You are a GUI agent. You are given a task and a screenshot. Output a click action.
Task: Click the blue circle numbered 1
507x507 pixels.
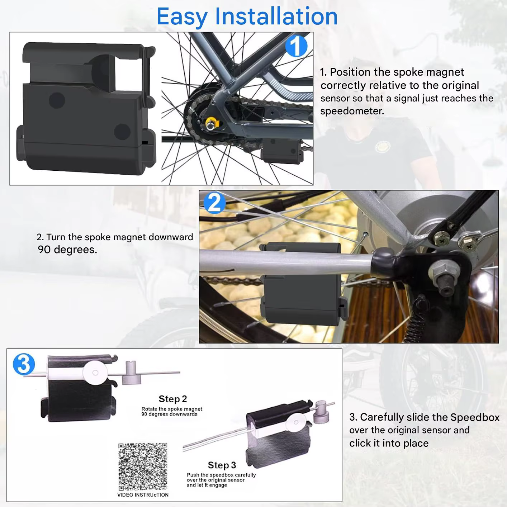click(296, 46)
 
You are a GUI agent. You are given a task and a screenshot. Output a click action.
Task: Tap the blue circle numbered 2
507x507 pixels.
click(215, 203)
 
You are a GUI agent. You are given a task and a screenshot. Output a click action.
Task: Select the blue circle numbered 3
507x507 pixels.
click(24, 364)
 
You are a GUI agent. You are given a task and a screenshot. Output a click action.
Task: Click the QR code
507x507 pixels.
click(143, 466)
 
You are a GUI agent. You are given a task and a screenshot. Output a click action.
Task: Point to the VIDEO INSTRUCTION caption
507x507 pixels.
click(143, 495)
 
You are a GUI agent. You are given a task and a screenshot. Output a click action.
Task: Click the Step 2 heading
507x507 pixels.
click(172, 399)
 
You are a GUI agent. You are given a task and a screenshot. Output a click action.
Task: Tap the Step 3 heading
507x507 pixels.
click(222, 465)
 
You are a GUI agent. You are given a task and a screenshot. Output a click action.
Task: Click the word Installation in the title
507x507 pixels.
click(276, 16)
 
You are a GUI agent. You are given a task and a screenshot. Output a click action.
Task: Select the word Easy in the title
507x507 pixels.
click(182, 17)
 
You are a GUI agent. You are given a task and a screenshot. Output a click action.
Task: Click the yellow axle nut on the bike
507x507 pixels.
click(212, 123)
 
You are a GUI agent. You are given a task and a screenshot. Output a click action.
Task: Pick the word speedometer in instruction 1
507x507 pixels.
click(352, 111)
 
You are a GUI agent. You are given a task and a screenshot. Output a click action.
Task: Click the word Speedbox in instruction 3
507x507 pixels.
click(475, 417)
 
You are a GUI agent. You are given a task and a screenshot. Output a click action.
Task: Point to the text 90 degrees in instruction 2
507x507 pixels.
click(67, 250)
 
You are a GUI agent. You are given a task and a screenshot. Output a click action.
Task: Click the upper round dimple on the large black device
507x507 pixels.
click(57, 100)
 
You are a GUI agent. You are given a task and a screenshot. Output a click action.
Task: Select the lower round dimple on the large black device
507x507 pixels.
click(122, 132)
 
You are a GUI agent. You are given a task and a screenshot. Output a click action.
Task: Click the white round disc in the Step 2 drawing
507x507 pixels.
click(95, 373)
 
